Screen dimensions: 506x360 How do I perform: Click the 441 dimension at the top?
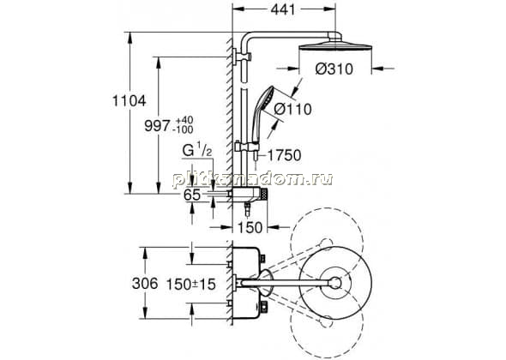pyautogui.click(x=283, y=10)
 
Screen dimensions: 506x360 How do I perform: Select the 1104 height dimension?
pyautogui.click(x=130, y=101)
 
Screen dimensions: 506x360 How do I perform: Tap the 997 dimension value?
pyautogui.click(x=157, y=125)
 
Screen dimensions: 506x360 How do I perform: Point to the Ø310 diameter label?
pyautogui.click(x=334, y=69)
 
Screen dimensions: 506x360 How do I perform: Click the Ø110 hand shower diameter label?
pyautogui.click(x=292, y=110)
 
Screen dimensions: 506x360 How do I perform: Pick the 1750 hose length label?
pyautogui.click(x=284, y=155)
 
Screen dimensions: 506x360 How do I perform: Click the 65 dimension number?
pyautogui.click(x=192, y=195)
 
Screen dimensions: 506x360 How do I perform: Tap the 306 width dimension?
pyautogui.click(x=145, y=284)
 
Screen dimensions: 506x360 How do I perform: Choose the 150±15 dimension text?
pyautogui.click(x=190, y=285)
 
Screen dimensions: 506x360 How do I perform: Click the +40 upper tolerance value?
pyautogui.click(x=184, y=120)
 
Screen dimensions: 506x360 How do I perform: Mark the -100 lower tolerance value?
pyautogui.click(x=183, y=129)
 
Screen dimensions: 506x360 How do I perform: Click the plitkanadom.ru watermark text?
pyautogui.click(x=252, y=179)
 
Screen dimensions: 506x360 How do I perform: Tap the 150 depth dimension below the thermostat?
pyautogui.click(x=250, y=227)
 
